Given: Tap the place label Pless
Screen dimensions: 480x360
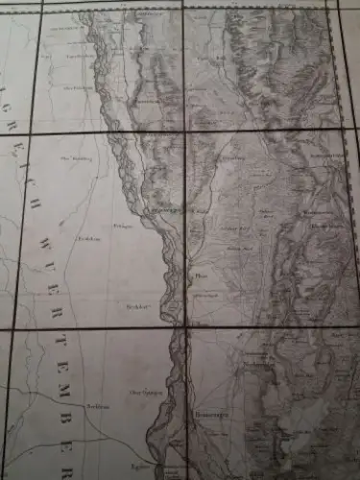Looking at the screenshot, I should point(201,272).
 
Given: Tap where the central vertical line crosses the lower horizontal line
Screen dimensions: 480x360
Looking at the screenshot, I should point(181,327).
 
